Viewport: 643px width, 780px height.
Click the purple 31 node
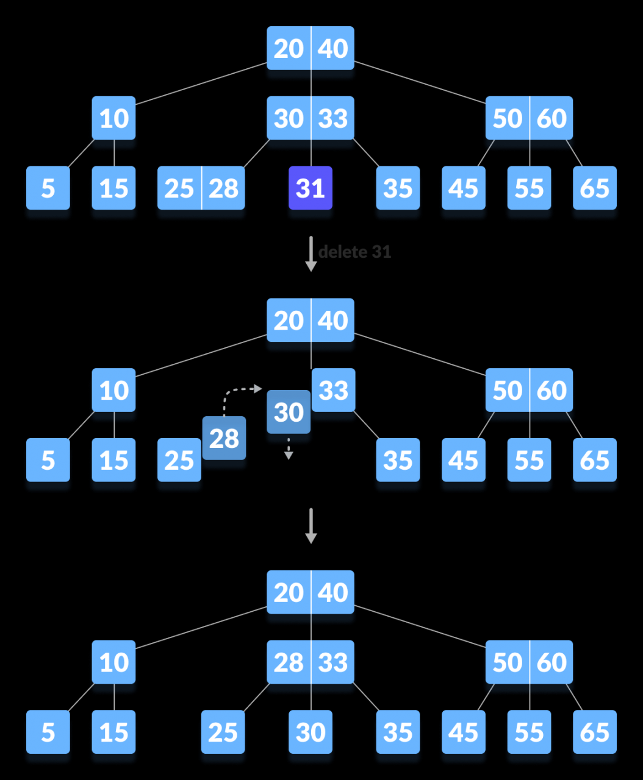click(311, 188)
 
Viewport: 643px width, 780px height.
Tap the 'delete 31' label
click(354, 252)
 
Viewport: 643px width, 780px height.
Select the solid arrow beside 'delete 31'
click(311, 253)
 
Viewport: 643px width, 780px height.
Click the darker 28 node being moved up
click(224, 438)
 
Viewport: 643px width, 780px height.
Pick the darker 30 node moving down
click(289, 412)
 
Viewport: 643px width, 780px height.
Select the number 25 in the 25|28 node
click(179, 188)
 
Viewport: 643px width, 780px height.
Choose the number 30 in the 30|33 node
click(289, 118)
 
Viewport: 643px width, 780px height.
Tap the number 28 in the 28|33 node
click(289, 662)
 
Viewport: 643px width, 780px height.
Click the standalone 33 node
click(333, 390)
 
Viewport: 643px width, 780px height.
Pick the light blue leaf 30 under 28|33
click(311, 732)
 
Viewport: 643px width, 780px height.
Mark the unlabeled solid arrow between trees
click(311, 525)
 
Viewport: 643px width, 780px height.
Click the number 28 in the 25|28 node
click(223, 188)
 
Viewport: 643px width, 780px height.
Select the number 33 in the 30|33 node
click(333, 118)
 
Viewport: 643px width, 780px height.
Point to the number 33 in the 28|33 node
click(333, 662)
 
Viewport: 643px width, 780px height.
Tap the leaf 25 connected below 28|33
click(223, 732)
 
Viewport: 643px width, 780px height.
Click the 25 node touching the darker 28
click(179, 460)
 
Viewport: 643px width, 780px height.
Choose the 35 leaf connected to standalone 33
click(398, 460)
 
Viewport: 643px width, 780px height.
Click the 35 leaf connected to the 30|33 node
click(398, 188)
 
